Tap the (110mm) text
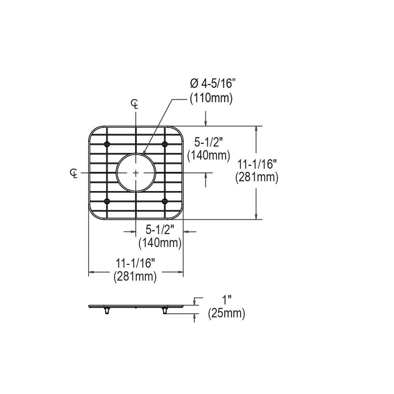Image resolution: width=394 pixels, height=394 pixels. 211,98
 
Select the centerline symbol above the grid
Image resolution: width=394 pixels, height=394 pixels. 135,104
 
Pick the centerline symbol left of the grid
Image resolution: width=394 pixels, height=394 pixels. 74,173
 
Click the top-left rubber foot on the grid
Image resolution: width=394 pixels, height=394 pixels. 107,144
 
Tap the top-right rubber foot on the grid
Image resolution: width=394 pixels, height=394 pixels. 165,144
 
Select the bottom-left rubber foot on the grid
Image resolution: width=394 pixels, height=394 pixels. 107,201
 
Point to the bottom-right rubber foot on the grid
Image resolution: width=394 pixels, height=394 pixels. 165,201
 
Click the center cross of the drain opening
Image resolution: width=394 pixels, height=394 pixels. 136,173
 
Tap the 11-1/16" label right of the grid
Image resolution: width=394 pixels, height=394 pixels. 257,165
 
